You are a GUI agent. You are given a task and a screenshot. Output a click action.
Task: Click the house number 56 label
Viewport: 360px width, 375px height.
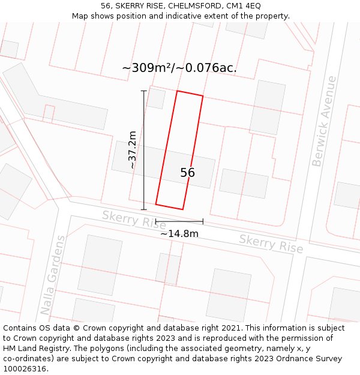click(187, 173)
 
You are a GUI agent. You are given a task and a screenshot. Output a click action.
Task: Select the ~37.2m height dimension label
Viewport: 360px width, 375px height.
click(132, 149)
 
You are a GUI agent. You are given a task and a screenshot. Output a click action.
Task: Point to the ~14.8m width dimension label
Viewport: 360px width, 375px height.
click(179, 233)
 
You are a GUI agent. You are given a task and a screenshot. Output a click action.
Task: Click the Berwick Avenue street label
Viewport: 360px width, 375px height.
click(325, 121)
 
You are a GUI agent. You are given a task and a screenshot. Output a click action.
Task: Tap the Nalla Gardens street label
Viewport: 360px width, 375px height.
click(53, 275)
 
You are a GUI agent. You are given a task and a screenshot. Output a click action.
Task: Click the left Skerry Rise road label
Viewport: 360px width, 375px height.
click(134, 219)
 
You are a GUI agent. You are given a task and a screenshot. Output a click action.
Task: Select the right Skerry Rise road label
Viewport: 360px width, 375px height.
click(271, 244)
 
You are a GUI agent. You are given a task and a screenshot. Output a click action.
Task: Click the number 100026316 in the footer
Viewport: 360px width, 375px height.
click(24, 368)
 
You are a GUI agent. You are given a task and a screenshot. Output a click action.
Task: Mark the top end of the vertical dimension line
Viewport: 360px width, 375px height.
click(143, 91)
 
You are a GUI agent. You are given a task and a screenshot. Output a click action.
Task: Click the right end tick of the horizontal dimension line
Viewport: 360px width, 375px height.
click(203, 222)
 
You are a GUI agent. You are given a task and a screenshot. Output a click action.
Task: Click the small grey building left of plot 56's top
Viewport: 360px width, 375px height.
click(156, 98)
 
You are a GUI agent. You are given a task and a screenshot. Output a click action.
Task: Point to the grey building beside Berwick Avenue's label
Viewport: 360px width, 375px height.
click(268, 107)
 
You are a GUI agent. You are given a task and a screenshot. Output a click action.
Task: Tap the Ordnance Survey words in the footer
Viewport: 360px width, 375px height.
click(312, 359)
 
